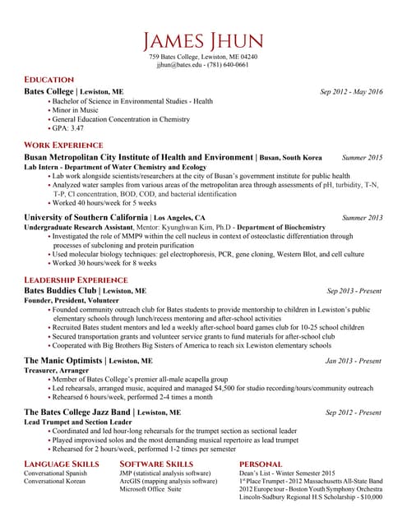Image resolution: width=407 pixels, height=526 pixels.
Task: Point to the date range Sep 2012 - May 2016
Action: pyautogui.click(x=351, y=91)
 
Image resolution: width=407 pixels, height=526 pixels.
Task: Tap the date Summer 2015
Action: pyautogui.click(x=362, y=157)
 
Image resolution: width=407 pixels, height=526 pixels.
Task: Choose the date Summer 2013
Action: pyautogui.click(x=362, y=218)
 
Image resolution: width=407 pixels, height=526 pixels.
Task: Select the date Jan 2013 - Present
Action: pyautogui.click(x=353, y=361)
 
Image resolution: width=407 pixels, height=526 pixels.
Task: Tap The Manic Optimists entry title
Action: pyautogui.click(x=63, y=361)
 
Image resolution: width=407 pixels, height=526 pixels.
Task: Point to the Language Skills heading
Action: pyautogui.click(x=62, y=464)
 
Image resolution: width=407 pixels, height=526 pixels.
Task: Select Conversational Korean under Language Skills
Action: pyautogui.click(x=55, y=482)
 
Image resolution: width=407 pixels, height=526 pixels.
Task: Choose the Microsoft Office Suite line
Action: pyautogui.click(x=150, y=489)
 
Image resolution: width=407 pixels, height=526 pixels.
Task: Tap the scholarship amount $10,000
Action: pyautogui.click(x=366, y=497)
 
